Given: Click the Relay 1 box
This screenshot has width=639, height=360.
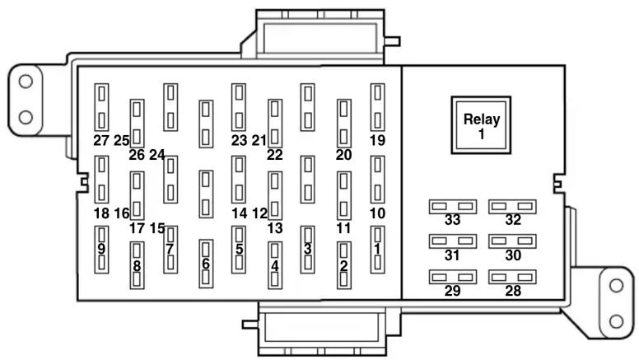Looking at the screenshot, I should [x=481, y=124].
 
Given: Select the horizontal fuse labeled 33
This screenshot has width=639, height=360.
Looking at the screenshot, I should [x=452, y=207].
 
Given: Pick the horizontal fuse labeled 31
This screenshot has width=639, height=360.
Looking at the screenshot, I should [x=452, y=241].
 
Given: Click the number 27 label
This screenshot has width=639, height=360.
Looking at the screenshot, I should [x=101, y=141].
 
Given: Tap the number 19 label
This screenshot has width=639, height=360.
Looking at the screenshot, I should [x=377, y=141].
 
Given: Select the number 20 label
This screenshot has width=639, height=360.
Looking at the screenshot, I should [x=343, y=154].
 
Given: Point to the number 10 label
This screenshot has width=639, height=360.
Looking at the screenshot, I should [x=377, y=213].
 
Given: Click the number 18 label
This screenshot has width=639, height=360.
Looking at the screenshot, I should [x=101, y=213].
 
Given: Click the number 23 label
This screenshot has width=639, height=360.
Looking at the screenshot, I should [x=239, y=141].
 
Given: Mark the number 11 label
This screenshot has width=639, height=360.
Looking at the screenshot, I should [x=343, y=227].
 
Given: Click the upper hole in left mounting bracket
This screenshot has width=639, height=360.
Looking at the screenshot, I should [x=26, y=82].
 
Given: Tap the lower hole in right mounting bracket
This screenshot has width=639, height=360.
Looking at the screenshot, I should [x=615, y=320].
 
